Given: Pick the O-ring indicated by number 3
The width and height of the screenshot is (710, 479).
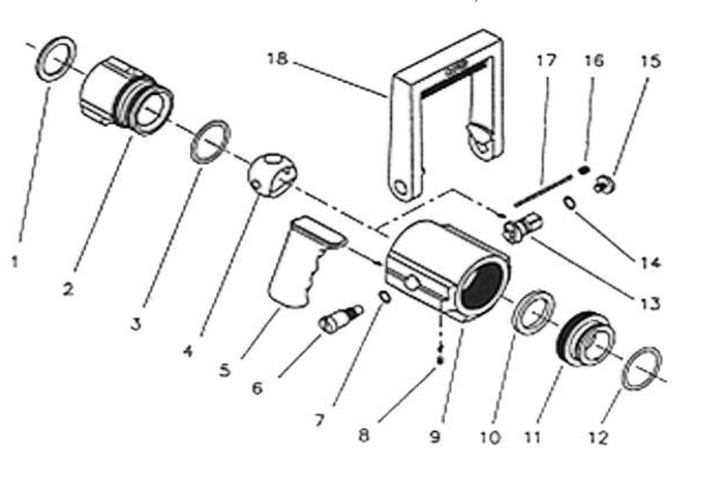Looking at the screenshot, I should [x=210, y=140].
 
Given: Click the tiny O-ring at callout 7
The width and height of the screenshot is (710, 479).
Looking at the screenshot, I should [x=385, y=298].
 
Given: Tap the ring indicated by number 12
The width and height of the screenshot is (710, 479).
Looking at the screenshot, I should [x=642, y=369].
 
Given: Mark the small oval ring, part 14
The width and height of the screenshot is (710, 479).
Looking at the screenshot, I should [x=570, y=205].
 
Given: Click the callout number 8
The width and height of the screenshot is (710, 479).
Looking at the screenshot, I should [x=364, y=435].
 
